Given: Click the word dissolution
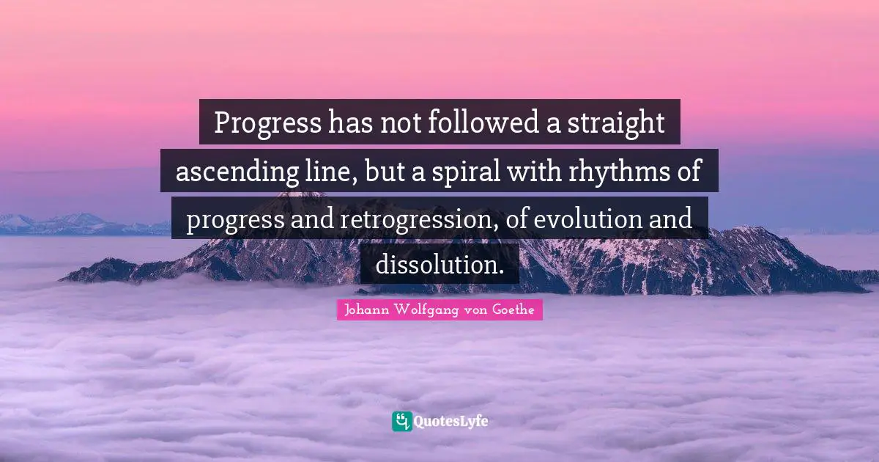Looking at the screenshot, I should (439, 264).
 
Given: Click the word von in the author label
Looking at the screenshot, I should (475, 310).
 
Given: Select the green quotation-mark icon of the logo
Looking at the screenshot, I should (401, 421).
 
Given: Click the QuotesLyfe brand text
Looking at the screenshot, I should (451, 422).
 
